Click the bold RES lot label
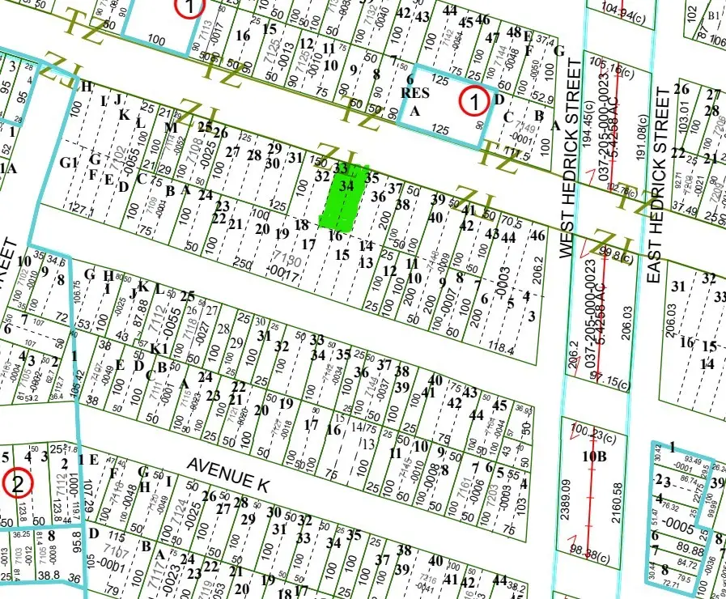414,93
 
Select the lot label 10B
595,456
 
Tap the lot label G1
69,161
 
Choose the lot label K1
159,348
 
